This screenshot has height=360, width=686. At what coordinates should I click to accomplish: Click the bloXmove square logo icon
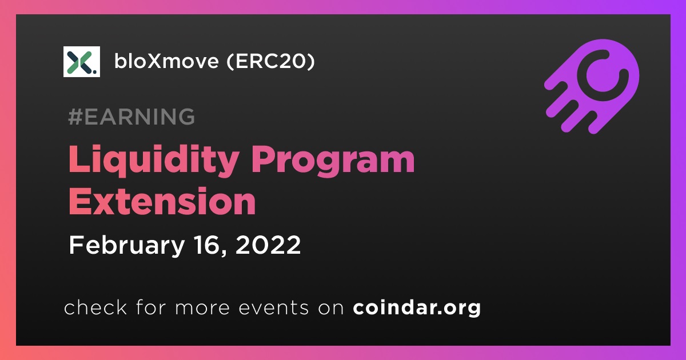81,62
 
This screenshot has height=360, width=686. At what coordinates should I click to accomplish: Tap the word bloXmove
166,61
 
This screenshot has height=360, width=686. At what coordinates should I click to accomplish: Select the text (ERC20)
271,61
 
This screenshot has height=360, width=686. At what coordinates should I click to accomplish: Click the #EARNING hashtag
131,117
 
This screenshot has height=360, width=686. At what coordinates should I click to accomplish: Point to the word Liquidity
154,161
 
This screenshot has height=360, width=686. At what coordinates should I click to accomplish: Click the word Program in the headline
333,161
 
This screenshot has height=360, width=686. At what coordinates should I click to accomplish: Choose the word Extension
162,202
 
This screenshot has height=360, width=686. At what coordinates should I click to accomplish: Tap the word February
127,245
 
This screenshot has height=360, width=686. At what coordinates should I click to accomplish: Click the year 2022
268,245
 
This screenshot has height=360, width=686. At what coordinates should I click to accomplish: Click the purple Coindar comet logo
592,86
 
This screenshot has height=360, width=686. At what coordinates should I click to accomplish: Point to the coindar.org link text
417,307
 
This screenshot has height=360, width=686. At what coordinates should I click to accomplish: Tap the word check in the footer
95,307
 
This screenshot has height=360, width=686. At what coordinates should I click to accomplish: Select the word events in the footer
273,308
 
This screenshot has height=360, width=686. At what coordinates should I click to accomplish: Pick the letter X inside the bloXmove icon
79,62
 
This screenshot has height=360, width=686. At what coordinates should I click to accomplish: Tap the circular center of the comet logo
603,75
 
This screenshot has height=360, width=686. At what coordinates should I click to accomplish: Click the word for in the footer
151,307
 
